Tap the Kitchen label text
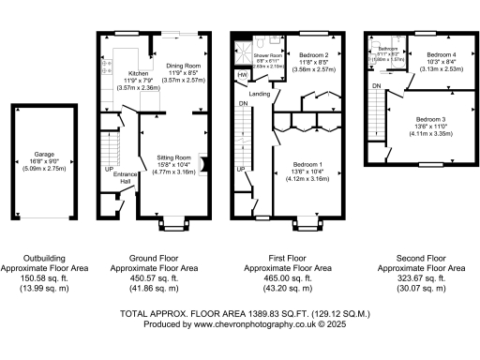(x=138, y=72)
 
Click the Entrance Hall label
(x=124, y=175)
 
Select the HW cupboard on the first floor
(x=243, y=74)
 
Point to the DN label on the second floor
(x=376, y=86)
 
